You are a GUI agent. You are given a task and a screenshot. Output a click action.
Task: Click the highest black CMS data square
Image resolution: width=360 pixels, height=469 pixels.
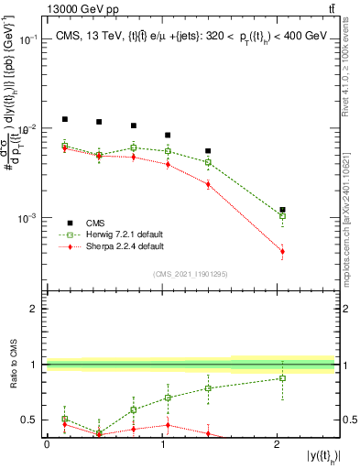coord(64,119)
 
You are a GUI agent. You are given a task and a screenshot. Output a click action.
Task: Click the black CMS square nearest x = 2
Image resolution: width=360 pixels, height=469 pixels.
coord(282,210)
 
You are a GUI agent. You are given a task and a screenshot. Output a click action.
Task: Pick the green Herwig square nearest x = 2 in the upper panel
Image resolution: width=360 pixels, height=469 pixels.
coord(282,216)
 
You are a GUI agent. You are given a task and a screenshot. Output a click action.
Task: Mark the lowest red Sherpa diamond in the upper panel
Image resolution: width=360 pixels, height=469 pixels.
coord(282,251)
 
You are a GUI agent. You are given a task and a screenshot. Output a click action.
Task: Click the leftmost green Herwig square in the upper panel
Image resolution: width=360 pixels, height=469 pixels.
coord(64,146)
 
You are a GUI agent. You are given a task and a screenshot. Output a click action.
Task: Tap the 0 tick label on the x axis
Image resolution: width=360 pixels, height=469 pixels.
coord(47,443)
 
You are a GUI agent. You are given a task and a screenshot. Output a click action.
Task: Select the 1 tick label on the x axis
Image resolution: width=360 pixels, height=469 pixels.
coord(162,443)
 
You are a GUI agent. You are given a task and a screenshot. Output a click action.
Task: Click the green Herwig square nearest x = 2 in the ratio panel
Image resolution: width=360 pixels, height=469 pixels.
coord(282,377)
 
